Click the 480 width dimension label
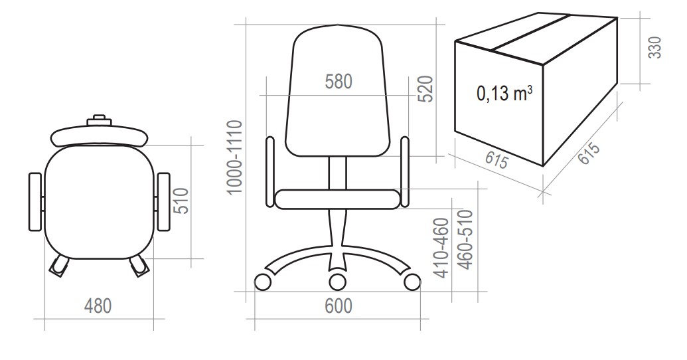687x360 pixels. pos(98,306)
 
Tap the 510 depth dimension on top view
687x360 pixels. pos(181,201)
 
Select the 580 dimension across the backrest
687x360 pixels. pos(339,82)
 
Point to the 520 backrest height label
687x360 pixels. pos(425,89)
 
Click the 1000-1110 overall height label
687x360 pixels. pos(235,157)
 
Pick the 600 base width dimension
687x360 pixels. pos(339,306)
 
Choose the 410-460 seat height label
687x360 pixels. pos(441,248)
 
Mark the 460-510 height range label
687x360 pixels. pos(465,240)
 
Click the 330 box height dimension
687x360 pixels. pos(654,47)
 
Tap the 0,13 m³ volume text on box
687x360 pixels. pos(504,93)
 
